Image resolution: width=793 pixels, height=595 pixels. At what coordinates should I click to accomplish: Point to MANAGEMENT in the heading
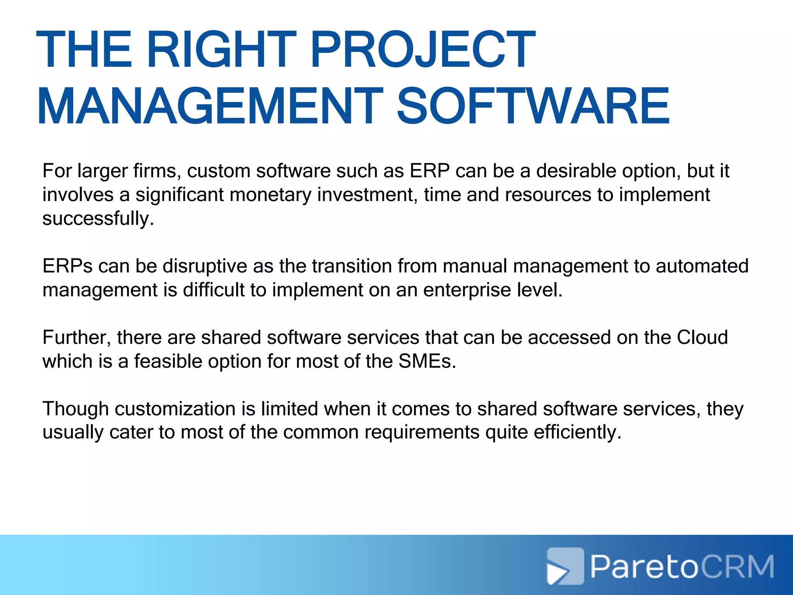pyautogui.click(x=210, y=107)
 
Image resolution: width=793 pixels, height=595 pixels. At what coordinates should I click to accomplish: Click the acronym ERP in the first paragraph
pyautogui.click(x=430, y=171)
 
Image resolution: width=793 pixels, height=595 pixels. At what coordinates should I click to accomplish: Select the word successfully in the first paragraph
pyautogui.click(x=98, y=219)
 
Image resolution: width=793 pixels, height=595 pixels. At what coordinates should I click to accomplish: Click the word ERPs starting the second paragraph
pyautogui.click(x=67, y=266)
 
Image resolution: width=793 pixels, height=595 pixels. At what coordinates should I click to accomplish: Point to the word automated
pyautogui.click(x=702, y=266)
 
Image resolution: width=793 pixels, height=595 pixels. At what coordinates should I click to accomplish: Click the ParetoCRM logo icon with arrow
pyautogui.click(x=565, y=566)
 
